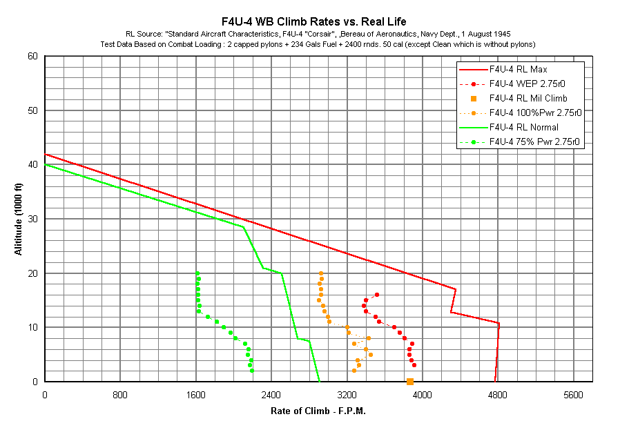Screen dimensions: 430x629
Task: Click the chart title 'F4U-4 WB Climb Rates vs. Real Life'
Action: click(x=313, y=20)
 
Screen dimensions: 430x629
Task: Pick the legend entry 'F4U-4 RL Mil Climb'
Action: click(x=528, y=98)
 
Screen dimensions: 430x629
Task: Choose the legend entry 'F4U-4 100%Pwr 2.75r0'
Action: click(x=535, y=113)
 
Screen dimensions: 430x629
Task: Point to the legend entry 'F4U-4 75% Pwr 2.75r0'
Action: click(x=534, y=142)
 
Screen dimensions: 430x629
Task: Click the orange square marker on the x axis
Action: click(x=410, y=381)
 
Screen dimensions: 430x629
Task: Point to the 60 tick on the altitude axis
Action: click(x=32, y=56)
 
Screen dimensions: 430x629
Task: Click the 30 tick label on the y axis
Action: click(x=32, y=219)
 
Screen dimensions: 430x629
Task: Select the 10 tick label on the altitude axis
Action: click(x=32, y=327)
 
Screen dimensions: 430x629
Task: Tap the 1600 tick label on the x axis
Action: click(x=196, y=395)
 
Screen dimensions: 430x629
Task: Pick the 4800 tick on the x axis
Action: click(x=498, y=395)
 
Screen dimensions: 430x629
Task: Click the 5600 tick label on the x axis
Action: click(x=573, y=395)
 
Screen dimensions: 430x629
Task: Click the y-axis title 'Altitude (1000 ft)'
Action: click(x=19, y=218)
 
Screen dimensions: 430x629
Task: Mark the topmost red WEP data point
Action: click(x=376, y=295)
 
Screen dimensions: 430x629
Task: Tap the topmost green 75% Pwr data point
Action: click(x=197, y=273)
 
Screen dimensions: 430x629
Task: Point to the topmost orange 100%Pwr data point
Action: click(x=320, y=273)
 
